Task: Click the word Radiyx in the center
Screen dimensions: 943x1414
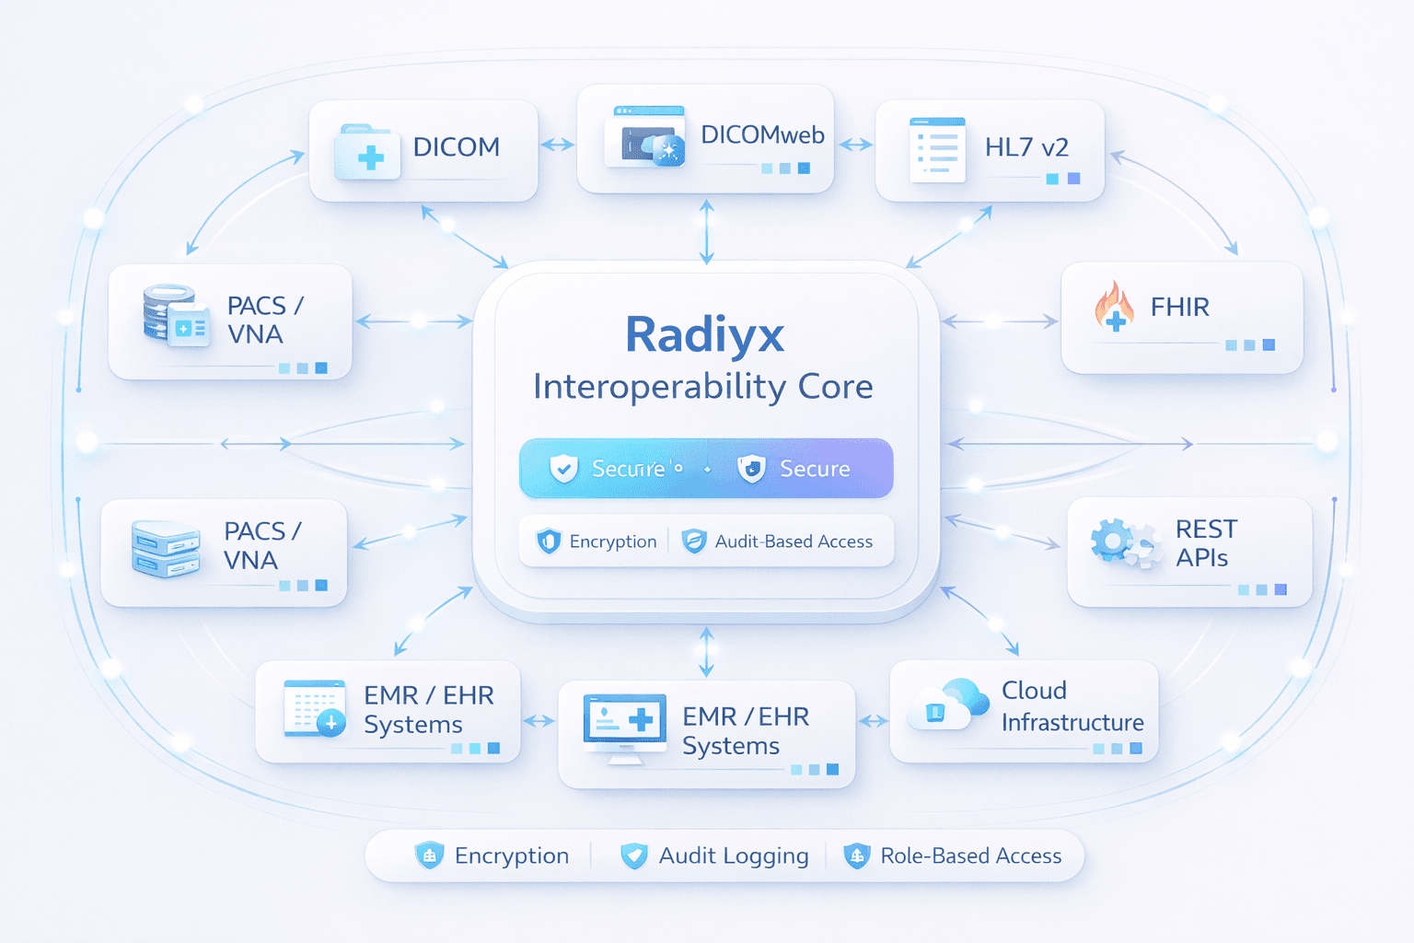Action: pos(704,334)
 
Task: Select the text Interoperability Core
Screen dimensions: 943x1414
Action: pos(702,387)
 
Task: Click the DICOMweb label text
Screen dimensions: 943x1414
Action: pos(762,135)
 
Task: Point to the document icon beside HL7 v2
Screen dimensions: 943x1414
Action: pos(937,149)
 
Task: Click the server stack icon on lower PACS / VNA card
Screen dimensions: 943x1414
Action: pos(166,550)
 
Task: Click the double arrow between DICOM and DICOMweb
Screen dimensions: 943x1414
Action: pos(557,145)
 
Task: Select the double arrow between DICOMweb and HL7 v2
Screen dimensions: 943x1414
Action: pos(855,145)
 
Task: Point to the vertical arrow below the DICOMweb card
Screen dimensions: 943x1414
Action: pos(706,231)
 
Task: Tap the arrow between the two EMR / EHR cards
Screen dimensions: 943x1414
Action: pos(539,721)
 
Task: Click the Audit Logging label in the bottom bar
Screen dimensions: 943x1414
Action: pos(733,856)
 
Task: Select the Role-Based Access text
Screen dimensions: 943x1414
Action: pos(970,856)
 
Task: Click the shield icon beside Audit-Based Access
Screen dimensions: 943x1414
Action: pos(694,541)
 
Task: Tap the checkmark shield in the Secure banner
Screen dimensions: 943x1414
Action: pos(563,469)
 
